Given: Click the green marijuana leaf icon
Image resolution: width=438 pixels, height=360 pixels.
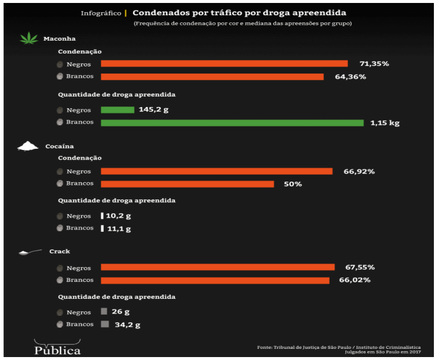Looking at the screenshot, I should (x=29, y=39).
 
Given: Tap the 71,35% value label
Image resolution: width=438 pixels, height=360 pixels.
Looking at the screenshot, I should (x=374, y=64).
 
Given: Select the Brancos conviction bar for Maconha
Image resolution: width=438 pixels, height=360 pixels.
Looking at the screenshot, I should (x=212, y=76).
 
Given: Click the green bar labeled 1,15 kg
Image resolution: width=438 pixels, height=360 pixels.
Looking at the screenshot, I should (x=232, y=123).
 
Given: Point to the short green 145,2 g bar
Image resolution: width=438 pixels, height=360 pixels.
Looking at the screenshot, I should (x=118, y=109).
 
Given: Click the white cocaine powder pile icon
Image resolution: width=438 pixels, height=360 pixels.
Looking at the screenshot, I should (x=28, y=146).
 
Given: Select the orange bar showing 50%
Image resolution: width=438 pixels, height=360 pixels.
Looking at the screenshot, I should (x=187, y=184).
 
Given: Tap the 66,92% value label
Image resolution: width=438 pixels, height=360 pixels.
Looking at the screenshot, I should (x=359, y=172).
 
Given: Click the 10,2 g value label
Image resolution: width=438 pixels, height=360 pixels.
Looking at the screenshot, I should (x=118, y=216).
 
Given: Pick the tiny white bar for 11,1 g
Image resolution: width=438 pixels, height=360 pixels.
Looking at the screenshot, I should (x=102, y=228).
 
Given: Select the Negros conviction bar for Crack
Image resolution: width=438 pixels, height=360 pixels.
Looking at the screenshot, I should (x=217, y=267).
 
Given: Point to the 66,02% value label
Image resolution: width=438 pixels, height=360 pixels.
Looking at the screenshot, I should (x=354, y=280).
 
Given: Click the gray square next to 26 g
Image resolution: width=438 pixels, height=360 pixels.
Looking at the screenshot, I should (x=104, y=312).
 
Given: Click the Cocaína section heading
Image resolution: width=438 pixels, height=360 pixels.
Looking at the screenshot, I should (x=59, y=146).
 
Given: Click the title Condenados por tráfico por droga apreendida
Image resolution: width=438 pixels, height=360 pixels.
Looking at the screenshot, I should (x=239, y=12).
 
